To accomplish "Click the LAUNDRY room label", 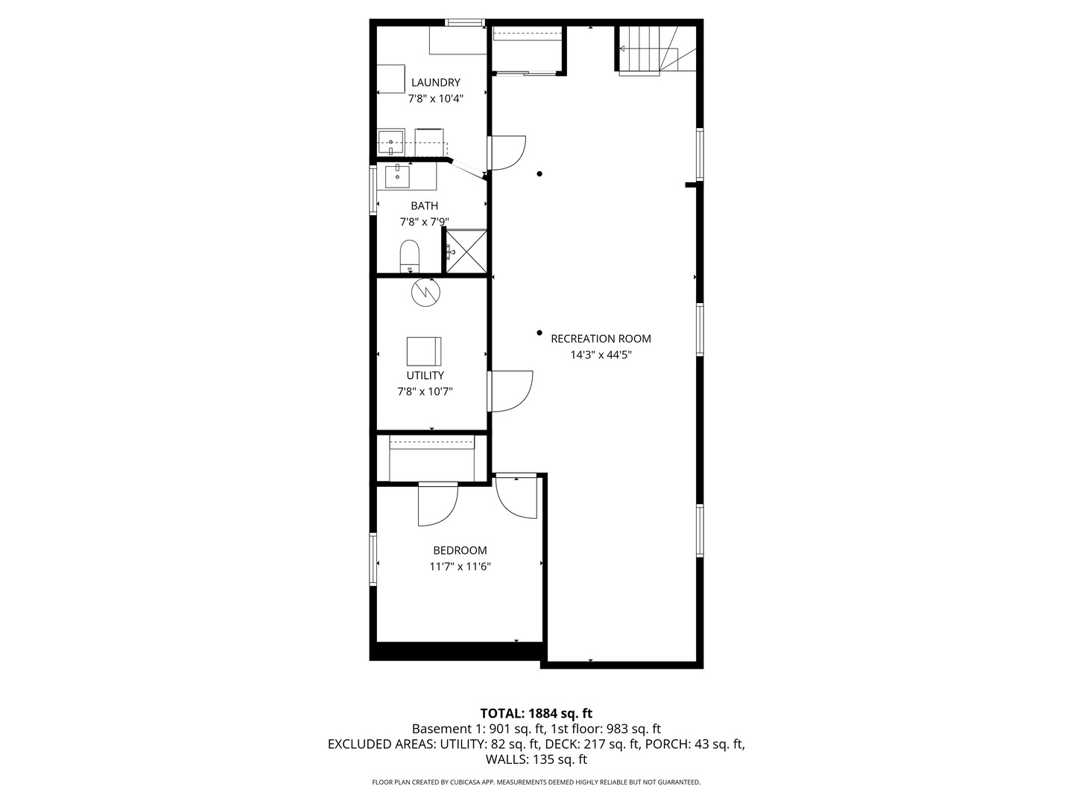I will [435, 83].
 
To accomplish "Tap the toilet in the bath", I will [410, 255].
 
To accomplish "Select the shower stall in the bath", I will [466, 251].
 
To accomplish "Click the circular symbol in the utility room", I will [425, 291].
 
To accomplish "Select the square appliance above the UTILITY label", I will [424, 351].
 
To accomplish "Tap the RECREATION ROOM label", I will [601, 339].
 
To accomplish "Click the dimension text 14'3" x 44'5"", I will [601, 355].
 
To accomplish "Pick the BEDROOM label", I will [460, 551].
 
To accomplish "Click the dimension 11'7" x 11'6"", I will [460, 567].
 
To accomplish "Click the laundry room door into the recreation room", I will [508, 153].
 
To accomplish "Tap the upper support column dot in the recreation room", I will [540, 174].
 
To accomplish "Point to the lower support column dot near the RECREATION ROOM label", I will [539, 333].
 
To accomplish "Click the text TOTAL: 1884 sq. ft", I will [536, 713].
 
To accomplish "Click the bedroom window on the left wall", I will [374, 559].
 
